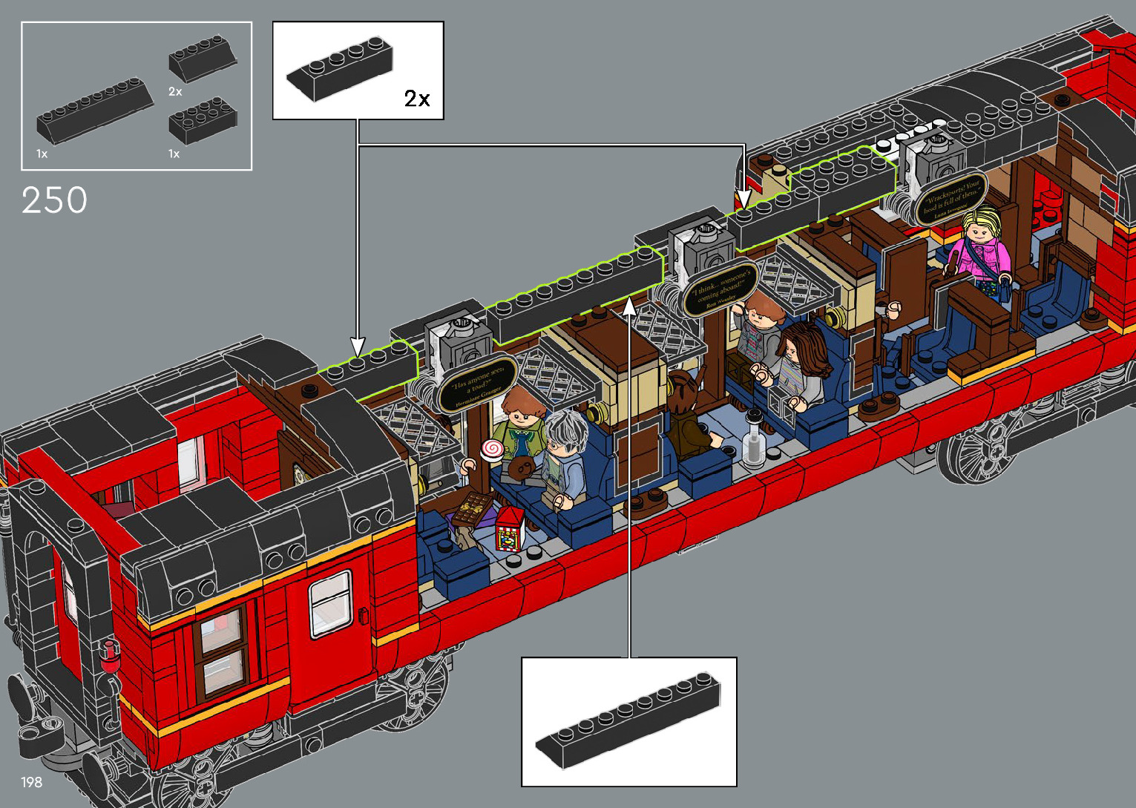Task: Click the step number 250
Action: pyautogui.click(x=54, y=200)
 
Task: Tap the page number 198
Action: pyautogui.click(x=31, y=782)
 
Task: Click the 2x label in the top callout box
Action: pyautogui.click(x=417, y=99)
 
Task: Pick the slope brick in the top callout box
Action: pyautogui.click(x=340, y=68)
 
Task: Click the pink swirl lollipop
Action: pyautogui.click(x=491, y=448)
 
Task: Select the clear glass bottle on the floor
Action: pyautogui.click(x=754, y=444)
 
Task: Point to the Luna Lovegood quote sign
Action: pyautogui.click(x=951, y=198)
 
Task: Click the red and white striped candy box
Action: pyautogui.click(x=510, y=528)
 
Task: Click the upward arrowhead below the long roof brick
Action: pyautogui.click(x=629, y=306)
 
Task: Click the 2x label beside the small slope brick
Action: pyautogui.click(x=175, y=91)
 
